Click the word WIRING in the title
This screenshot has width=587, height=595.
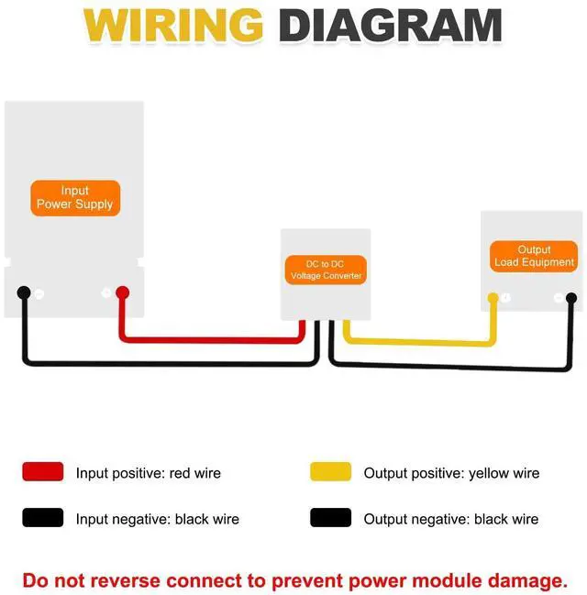click(173, 26)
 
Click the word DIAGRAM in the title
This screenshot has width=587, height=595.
click(391, 26)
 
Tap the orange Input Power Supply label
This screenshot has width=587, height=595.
click(75, 198)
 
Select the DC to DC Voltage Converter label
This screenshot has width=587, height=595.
click(326, 270)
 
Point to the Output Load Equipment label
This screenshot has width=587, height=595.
click(534, 256)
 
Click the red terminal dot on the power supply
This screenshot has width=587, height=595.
click(122, 292)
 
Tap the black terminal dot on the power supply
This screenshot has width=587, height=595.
click(24, 292)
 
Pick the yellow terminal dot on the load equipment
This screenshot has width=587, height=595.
click(493, 298)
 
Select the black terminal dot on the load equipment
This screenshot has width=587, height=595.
click(571, 298)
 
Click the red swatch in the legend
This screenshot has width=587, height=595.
click(43, 471)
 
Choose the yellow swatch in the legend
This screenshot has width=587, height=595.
click(330, 471)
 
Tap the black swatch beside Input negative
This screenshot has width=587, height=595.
click(43, 518)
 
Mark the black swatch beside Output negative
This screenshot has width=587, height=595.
click(330, 518)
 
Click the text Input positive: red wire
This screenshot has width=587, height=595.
click(148, 473)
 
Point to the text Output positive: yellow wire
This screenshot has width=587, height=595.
click(451, 473)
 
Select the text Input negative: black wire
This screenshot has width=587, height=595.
click(158, 519)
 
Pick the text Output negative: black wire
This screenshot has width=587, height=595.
click(451, 519)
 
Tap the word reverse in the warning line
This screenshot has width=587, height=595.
click(125, 581)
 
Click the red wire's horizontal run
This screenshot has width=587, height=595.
click(213, 339)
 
